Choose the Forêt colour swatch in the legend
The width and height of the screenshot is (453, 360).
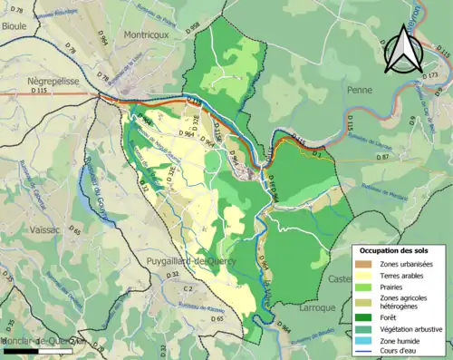point(365,316)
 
